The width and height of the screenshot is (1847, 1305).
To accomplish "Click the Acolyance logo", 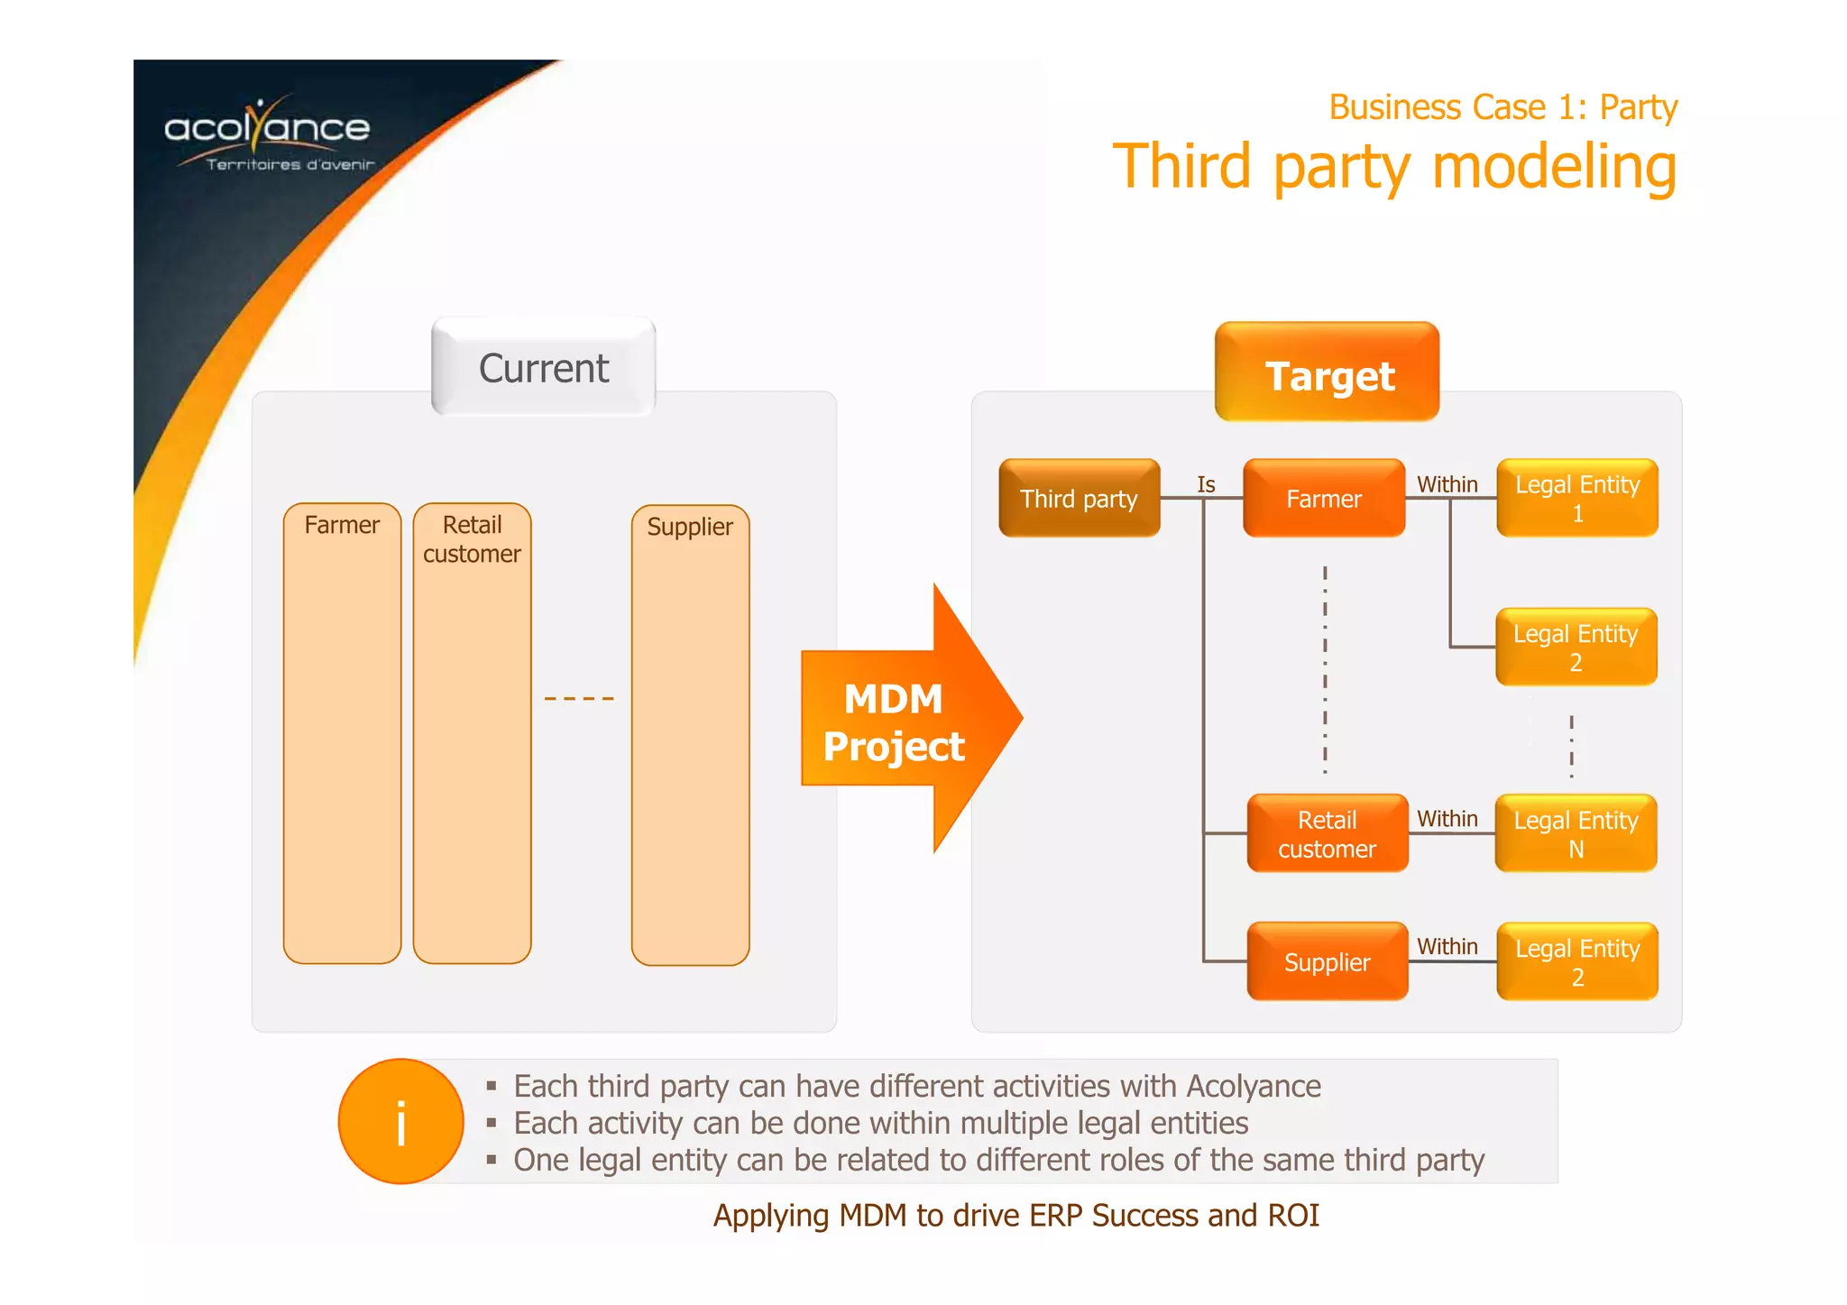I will pos(268,133).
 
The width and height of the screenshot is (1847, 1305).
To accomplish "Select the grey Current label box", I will pos(543,368).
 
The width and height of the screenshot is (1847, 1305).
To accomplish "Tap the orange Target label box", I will pos(1327,373).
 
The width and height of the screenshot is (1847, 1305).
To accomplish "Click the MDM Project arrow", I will pos(902,721).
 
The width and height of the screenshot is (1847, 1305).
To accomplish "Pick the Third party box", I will pos(1079,499).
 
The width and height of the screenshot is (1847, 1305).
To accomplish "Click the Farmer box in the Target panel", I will pos(1323,499).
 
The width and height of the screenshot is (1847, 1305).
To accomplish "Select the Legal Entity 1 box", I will pos(1576,499).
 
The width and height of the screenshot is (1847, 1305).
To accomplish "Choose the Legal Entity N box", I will pos(1576,833).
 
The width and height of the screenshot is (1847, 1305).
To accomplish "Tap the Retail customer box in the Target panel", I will pos(1327,833).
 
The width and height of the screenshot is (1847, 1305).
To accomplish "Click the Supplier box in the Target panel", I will pos(1327,961).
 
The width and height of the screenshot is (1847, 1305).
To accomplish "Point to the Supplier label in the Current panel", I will pos(690,527).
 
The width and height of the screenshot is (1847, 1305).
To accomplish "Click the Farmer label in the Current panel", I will pos(342,525).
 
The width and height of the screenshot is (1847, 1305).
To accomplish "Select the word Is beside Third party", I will pos(1206,484).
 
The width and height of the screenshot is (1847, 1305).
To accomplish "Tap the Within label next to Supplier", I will pos(1447,946).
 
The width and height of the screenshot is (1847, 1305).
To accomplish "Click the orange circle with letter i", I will pos(400,1121).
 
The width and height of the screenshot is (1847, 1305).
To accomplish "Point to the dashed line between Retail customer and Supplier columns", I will pos(579,698).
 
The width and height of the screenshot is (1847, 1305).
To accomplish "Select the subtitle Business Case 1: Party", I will pos(1502,107).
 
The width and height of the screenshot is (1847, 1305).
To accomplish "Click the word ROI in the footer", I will pos(1293,1215).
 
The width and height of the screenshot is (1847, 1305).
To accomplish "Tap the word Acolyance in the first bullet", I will pos(1254,1086).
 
